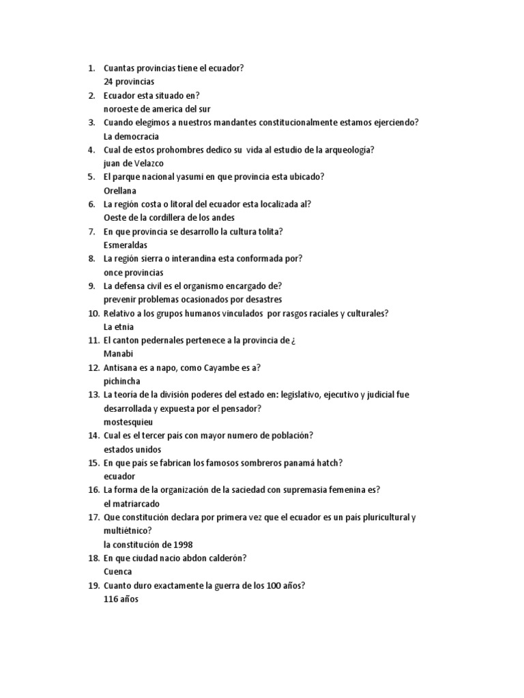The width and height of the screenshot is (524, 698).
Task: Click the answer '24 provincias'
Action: [129, 82]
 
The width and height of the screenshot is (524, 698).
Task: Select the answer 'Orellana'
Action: [120, 191]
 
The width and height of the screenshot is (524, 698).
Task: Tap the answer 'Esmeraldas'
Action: [125, 245]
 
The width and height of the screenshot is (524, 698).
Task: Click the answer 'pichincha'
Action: [121, 382]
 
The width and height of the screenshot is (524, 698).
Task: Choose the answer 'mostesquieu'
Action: [128, 423]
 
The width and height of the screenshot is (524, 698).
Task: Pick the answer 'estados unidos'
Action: [132, 450]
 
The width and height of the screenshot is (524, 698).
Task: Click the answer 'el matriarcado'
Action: [132, 504]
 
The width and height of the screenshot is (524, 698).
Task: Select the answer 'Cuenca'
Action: [118, 572]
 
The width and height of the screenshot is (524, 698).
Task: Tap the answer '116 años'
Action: [121, 599]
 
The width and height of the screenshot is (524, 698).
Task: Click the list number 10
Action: [93, 314]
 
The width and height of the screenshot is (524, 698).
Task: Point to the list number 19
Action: [93, 586]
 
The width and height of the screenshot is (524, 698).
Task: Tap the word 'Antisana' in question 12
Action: [121, 368]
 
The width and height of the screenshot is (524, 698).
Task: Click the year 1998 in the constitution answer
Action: [182, 545]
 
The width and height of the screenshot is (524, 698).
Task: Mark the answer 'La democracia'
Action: [131, 136]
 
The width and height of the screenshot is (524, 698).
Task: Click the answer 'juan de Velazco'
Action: [134, 164]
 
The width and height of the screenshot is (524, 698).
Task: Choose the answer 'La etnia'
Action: [119, 327]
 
